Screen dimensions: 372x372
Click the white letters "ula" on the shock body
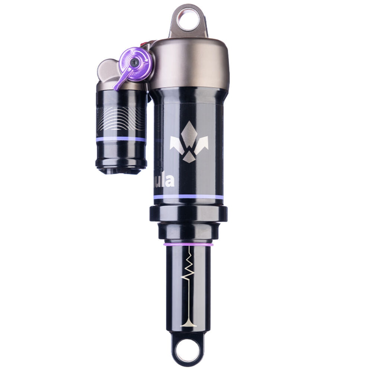164,181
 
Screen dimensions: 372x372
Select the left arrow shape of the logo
176,144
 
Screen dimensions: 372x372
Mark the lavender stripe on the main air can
189,197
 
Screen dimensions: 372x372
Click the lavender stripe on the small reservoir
121,139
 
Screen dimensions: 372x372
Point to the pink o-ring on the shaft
188,245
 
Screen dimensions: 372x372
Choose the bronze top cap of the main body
190,63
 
